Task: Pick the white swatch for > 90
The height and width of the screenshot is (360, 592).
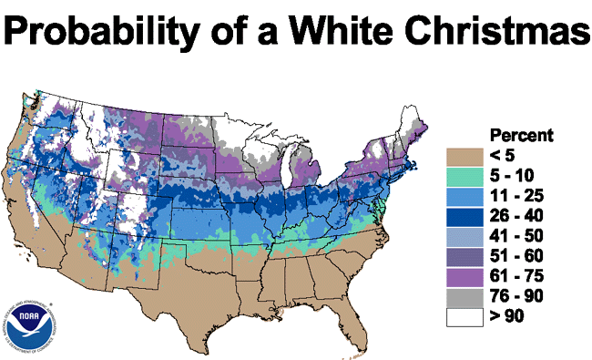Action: tap(464, 317)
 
